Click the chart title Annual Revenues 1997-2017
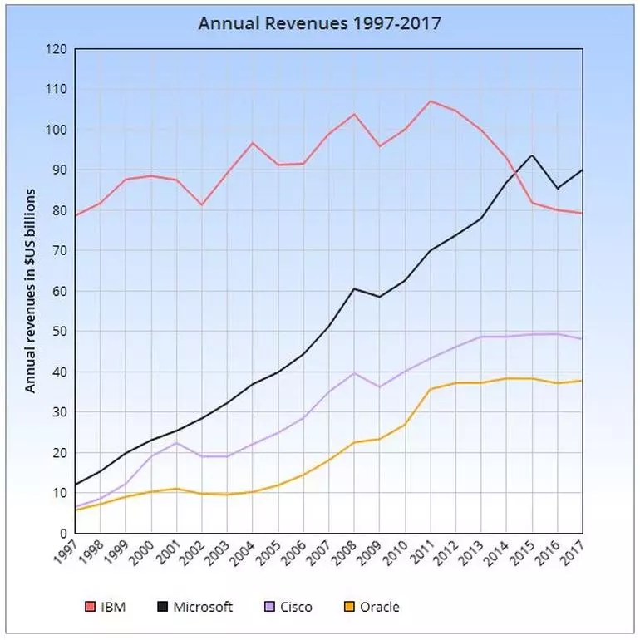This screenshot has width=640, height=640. [x=319, y=22]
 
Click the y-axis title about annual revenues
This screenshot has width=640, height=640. [x=30, y=291]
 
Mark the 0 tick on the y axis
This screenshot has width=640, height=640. [x=62, y=534]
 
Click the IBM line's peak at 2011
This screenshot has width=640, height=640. [x=431, y=101]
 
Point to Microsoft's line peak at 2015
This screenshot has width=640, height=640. [x=532, y=155]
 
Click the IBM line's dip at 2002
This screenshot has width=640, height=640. [x=202, y=204]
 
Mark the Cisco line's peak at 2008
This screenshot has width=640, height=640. [x=354, y=372]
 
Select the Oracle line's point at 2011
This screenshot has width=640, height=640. [x=431, y=389]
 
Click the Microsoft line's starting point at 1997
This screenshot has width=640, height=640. [x=75, y=485]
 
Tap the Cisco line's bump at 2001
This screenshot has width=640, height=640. [x=176, y=442]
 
